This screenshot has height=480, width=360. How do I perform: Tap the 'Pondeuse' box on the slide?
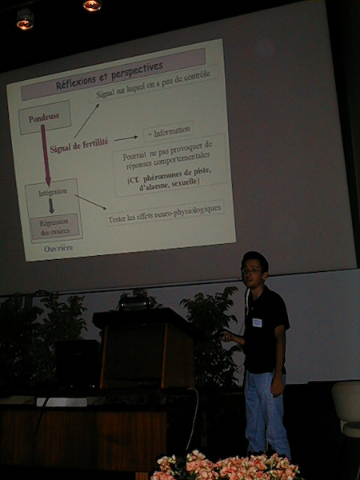pos(44,118)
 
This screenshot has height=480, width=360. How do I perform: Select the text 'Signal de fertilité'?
pos(78,147)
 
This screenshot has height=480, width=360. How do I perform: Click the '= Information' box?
pos(169,130)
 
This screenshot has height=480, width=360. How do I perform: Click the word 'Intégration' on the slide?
pos(52,192)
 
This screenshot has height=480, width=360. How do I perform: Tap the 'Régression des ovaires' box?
pos(54,226)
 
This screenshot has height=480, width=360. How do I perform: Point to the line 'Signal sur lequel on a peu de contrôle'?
pos(154,85)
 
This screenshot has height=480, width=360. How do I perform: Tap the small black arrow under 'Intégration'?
pos(51,206)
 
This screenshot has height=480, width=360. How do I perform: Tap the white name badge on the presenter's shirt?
pos(257,322)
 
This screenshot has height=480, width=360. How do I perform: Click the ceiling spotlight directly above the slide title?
pos(92,6)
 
